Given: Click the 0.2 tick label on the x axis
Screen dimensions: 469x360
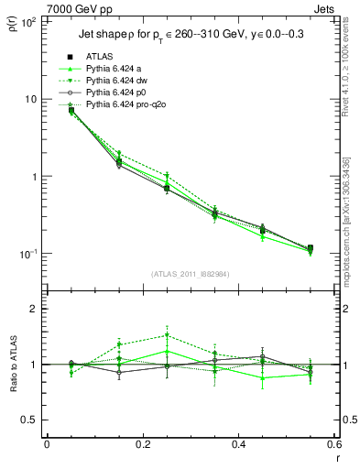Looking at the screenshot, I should (142, 445).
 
